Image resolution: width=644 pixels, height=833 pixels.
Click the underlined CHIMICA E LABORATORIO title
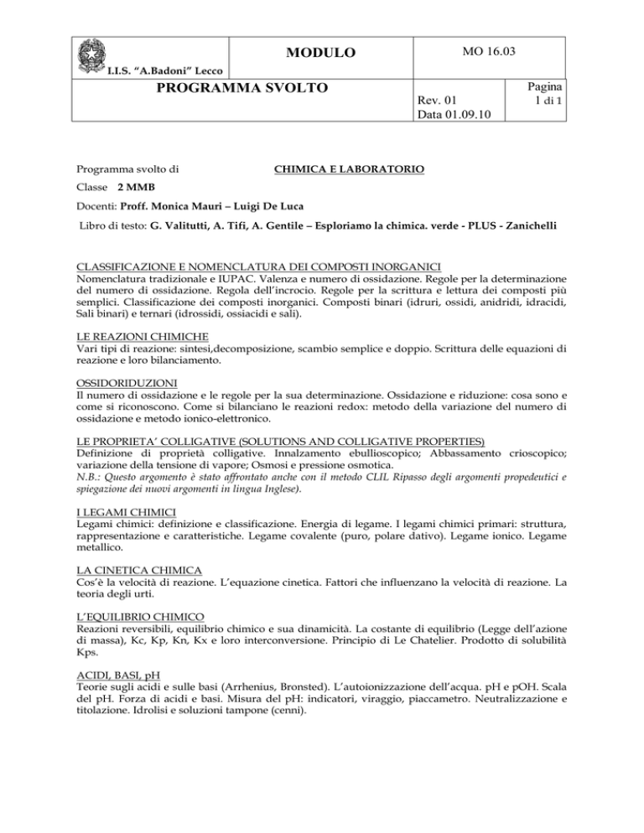pyautogui.click(x=350, y=171)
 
